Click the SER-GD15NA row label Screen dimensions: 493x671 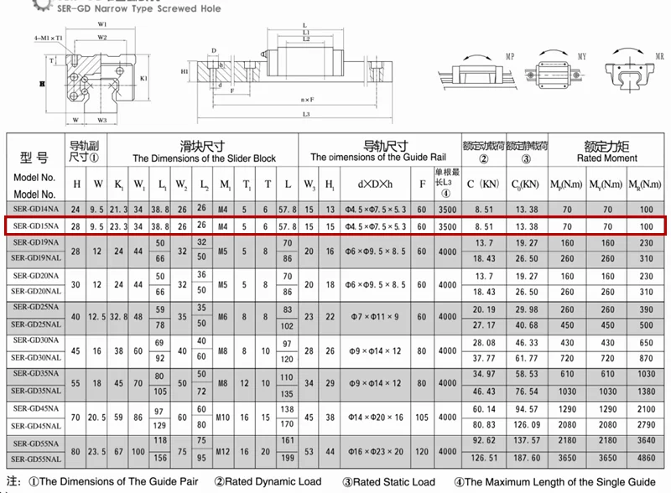pyautogui.click(x=35, y=226)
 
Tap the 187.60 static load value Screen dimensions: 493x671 pyautogui.click(x=527, y=459)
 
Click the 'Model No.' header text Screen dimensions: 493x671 pyautogui.click(x=34, y=178)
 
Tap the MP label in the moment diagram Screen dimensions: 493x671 pyautogui.click(x=511, y=55)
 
